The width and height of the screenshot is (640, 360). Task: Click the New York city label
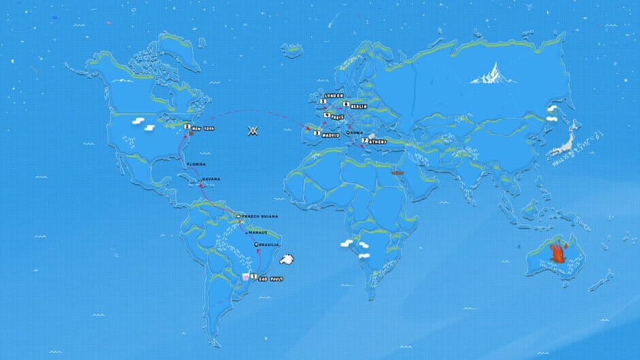tap(203, 127)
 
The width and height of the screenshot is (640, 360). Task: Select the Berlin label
tap(359, 106)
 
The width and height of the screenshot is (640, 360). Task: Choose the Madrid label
tap(331, 133)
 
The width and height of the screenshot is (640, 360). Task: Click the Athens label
tap(378, 142)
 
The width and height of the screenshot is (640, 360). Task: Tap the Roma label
tap(358, 133)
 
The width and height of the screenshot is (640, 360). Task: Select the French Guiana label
tap(261, 216)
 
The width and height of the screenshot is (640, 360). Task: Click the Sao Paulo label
tap(270, 278)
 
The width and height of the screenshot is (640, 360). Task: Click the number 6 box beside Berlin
tap(346, 104)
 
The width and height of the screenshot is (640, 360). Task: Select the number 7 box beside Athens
tap(365, 140)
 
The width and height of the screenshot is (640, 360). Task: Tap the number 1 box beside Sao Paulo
tap(253, 277)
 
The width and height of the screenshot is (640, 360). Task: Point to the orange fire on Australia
tap(558, 252)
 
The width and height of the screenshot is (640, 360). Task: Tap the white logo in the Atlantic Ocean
tap(253, 130)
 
